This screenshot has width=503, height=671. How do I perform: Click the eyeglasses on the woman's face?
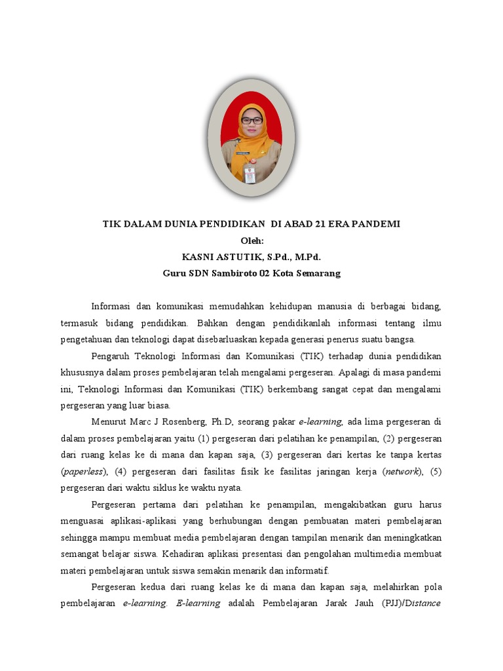click(251, 121)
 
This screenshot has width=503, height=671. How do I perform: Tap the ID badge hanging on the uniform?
click(250, 173)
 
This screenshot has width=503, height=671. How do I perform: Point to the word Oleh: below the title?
click(251, 240)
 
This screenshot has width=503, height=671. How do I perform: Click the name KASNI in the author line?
click(198, 257)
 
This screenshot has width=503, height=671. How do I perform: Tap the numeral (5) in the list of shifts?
click(435, 472)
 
